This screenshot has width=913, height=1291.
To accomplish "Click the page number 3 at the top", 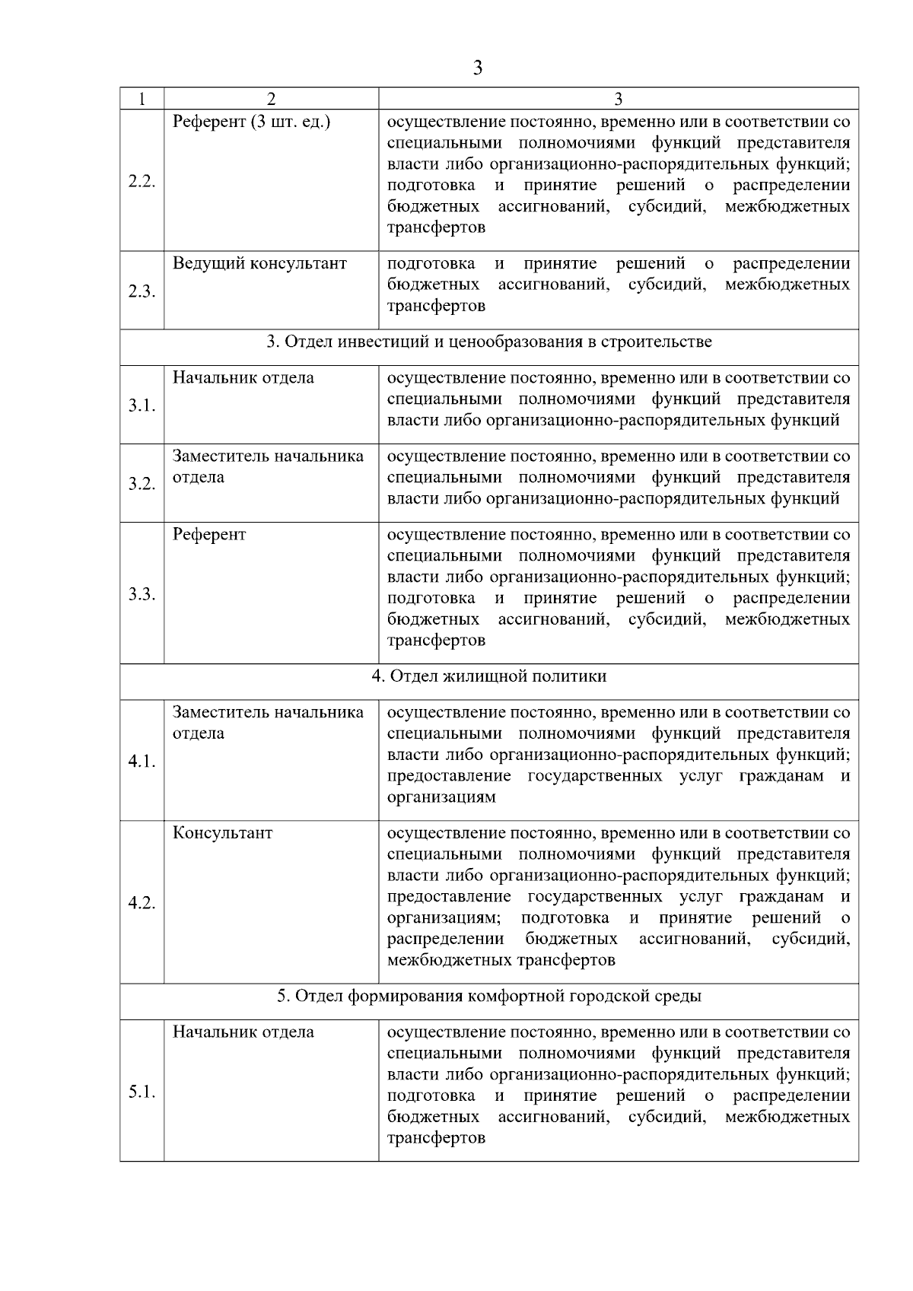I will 477,68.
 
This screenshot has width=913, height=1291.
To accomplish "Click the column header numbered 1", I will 142,99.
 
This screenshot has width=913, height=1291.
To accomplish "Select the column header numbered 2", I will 271,99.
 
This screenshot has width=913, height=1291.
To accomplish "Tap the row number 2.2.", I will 142,181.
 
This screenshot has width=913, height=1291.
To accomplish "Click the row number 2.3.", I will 142,291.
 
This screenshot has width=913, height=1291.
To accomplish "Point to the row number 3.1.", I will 142,405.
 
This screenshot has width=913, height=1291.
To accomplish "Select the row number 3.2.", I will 142,484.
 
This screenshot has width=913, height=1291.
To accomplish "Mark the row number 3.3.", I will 142,594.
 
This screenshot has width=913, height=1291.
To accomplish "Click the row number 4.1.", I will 142,762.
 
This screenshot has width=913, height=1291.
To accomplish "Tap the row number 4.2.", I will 142,903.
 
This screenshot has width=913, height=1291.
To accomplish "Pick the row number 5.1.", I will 142,1092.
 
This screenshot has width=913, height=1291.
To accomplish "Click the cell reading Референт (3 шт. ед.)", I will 252,122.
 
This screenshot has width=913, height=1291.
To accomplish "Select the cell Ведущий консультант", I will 259,263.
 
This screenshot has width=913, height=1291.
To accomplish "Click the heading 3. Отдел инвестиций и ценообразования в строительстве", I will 489,342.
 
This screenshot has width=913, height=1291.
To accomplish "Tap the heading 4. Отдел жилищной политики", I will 489,676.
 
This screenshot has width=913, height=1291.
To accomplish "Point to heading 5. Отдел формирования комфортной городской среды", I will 489,996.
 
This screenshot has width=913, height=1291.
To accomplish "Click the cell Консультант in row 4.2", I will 222,832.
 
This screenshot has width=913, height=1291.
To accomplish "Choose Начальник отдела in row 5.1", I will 243,1032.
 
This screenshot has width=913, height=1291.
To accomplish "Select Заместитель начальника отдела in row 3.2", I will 267,466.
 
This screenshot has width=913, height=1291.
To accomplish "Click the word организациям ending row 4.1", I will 441,797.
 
